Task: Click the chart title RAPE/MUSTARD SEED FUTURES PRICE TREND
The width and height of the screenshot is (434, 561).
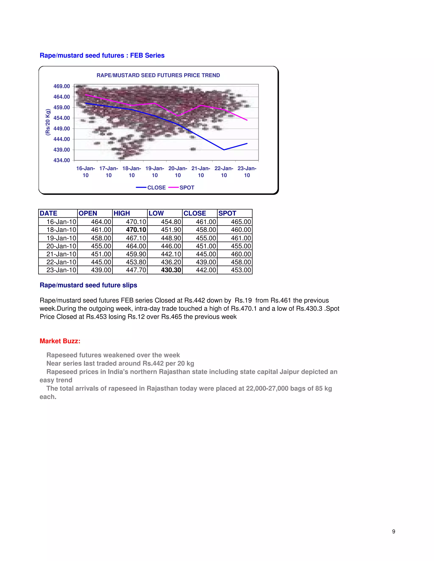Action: coord(158,75)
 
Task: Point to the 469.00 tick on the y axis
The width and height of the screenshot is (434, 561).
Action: coord(61,86)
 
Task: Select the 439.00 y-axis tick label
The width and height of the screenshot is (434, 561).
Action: coord(61,150)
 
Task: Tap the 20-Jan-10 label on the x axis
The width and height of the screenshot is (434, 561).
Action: coord(178,172)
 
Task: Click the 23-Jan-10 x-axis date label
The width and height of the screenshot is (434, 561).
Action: coord(247,172)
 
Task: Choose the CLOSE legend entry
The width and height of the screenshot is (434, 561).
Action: coord(152,188)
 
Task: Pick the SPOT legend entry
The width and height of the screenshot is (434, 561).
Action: coord(182,188)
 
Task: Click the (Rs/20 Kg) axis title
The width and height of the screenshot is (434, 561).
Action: coord(48,122)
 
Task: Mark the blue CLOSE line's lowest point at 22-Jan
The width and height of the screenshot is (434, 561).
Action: coord(224,150)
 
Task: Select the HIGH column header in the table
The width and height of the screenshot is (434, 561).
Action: coord(122,213)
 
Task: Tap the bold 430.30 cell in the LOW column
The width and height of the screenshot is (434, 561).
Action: coord(171,270)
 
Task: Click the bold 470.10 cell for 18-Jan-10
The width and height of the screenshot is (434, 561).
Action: coord(136,230)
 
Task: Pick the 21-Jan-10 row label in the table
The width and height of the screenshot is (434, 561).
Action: coord(61,254)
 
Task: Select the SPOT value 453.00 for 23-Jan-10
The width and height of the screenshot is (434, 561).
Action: coord(241,270)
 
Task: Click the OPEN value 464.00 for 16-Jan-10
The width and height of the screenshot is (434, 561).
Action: coord(101,222)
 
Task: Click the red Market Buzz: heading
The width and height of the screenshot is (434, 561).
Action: coord(60,341)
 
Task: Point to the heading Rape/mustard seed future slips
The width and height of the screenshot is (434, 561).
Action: coord(88,285)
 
